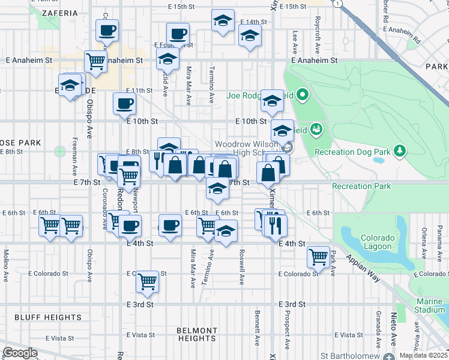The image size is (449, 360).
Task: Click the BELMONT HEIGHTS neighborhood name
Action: tap(197, 334)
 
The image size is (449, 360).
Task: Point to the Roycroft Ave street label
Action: tap(316, 34)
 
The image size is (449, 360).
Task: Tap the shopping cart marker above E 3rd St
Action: tap(147, 280)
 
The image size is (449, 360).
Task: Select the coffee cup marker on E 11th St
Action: tap(124, 103)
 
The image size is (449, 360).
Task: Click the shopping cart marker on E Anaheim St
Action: tap(96, 60)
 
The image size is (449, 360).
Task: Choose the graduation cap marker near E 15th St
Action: tap(223, 20)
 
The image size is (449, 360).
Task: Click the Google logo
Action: tap(20, 353)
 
